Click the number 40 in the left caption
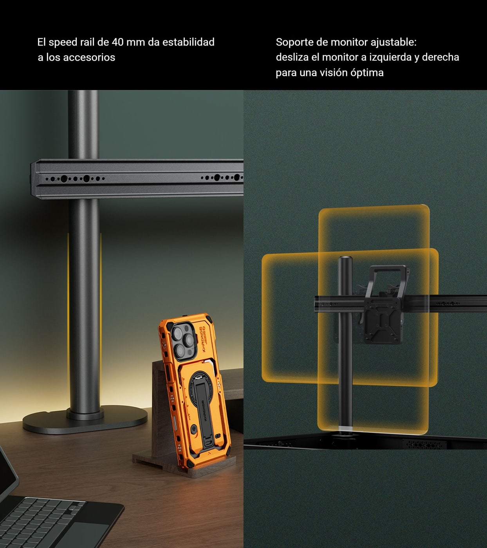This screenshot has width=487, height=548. click(117, 42)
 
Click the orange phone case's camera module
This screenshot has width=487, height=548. click(182, 341)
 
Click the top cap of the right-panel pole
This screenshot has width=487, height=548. click(345, 259)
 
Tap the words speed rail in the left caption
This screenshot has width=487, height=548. click(71, 42)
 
